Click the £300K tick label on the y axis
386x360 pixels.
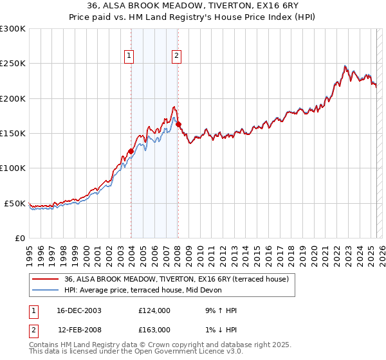click(13, 29)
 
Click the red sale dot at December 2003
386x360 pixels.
click(131, 151)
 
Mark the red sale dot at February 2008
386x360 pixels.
click(178, 124)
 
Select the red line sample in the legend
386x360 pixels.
click(45, 280)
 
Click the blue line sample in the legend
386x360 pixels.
click(45, 290)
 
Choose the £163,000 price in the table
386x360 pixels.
click(154, 329)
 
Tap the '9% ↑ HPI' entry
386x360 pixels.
click(219, 310)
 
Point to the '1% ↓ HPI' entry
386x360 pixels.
click(219, 329)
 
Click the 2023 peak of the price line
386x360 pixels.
click(345, 66)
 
